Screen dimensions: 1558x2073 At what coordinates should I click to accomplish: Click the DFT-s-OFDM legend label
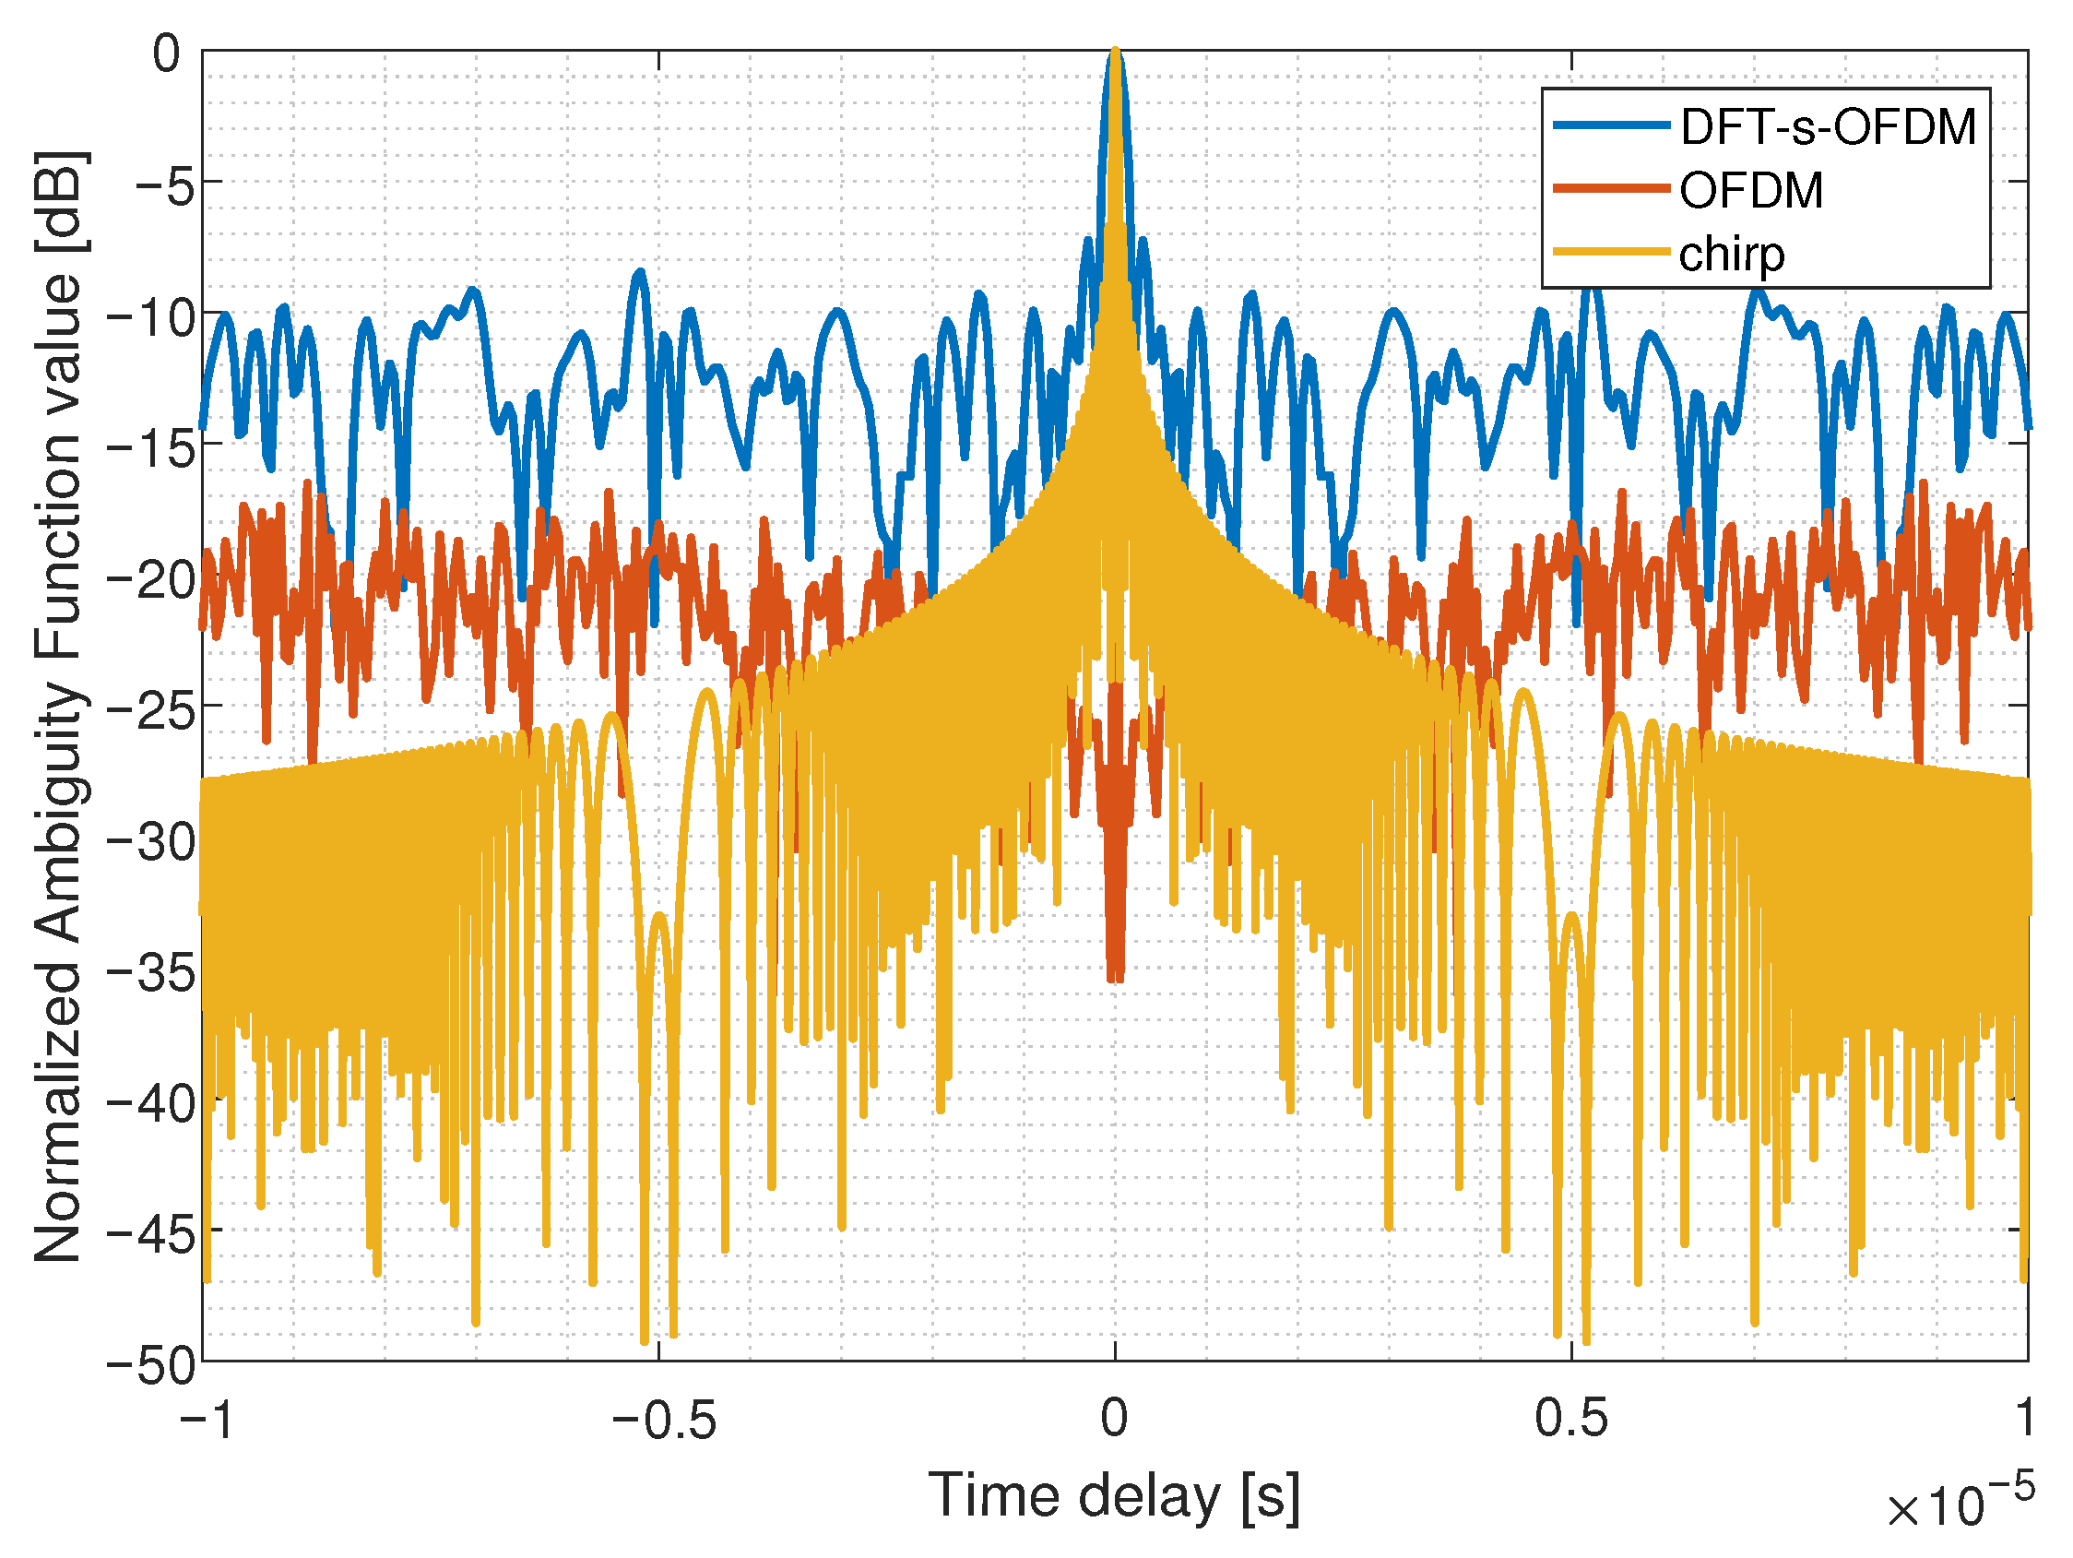(1828, 126)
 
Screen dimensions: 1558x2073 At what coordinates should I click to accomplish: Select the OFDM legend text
(1750, 190)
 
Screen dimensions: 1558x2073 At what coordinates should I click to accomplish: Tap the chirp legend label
(1731, 254)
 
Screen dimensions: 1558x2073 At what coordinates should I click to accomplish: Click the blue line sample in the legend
(1611, 125)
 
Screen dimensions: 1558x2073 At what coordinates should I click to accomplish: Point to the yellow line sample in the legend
(1611, 251)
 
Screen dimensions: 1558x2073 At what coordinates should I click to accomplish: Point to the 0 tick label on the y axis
(167, 54)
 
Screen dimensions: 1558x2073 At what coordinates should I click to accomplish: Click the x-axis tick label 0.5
(1570, 1418)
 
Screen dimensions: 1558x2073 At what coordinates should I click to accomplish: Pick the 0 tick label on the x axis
(1114, 1418)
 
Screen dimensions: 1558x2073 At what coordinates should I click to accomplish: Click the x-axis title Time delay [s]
(1114, 1496)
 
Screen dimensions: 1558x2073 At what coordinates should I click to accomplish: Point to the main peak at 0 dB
(1115, 53)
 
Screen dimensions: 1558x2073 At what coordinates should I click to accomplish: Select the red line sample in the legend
(1611, 188)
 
